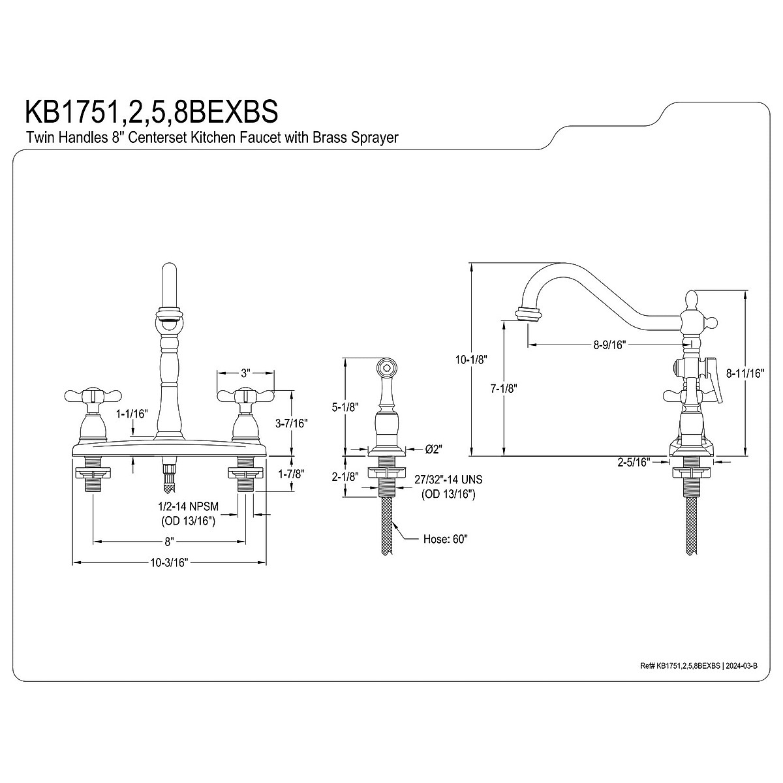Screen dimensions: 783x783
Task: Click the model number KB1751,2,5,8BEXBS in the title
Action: click(x=151, y=112)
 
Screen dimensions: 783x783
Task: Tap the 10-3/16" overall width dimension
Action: click(x=169, y=563)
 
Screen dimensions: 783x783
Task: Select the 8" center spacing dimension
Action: click(x=169, y=542)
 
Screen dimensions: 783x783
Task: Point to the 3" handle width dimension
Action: click(x=245, y=373)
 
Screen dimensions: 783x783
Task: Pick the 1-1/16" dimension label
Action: click(x=132, y=414)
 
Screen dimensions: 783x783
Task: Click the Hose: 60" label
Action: click(x=446, y=539)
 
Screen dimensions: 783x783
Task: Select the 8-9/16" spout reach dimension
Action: click(x=609, y=345)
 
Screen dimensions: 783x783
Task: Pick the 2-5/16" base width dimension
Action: click(x=635, y=462)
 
